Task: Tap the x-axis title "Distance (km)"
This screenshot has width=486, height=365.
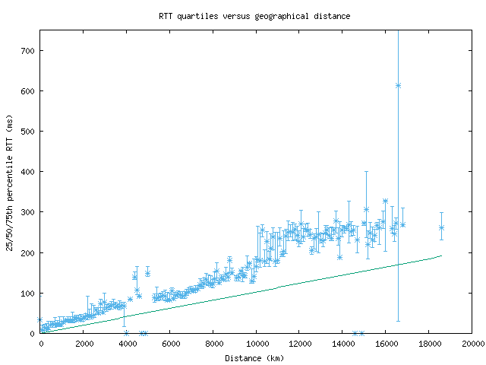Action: pyautogui.click(x=254, y=357)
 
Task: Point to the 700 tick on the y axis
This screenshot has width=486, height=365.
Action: pyautogui.click(x=28, y=51)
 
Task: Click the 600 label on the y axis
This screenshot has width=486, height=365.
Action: pyautogui.click(x=28, y=91)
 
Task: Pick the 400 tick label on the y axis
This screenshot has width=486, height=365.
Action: pyautogui.click(x=28, y=172)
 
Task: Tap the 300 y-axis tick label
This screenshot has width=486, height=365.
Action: pyautogui.click(x=28, y=212)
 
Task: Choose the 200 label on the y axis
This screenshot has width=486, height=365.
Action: pyautogui.click(x=28, y=252)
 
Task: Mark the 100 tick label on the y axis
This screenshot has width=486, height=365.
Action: pyautogui.click(x=28, y=293)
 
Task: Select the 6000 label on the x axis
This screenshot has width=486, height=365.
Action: pyautogui.click(x=170, y=344)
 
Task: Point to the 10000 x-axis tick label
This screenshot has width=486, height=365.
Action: pyautogui.click(x=257, y=344)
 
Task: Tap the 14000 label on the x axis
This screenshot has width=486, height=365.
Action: pyautogui.click(x=342, y=344)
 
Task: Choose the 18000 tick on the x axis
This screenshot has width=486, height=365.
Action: pyautogui.click(x=429, y=344)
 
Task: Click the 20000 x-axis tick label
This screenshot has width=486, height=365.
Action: pyautogui.click(x=472, y=344)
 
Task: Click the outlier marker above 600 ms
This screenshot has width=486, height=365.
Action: pyautogui.click(x=398, y=85)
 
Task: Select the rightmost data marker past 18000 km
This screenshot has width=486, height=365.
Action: pyautogui.click(x=441, y=227)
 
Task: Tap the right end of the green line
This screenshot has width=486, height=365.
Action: pyautogui.click(x=441, y=255)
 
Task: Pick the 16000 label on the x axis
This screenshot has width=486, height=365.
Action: pyautogui.click(x=386, y=344)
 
